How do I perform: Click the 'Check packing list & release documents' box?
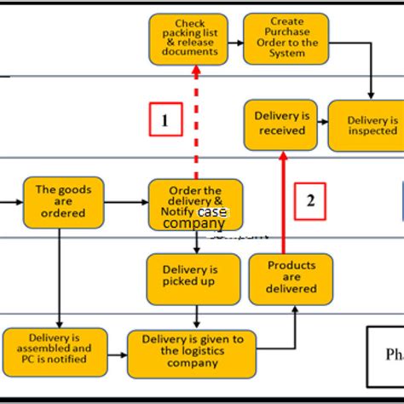pos(188,39)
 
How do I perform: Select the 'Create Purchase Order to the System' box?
pos(286,38)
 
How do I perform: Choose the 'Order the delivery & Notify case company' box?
pos(195,205)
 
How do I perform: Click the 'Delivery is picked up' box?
pos(193,277)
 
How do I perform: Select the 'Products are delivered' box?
pos(291,278)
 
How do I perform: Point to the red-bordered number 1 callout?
pos(164,120)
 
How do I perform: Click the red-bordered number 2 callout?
pos(310,200)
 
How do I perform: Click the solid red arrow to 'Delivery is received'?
pos(282,205)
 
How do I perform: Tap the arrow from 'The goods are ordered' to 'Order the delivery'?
pos(125,203)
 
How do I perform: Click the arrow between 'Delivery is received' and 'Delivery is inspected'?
pos(323,124)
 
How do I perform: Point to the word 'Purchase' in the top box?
pos(287,32)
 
